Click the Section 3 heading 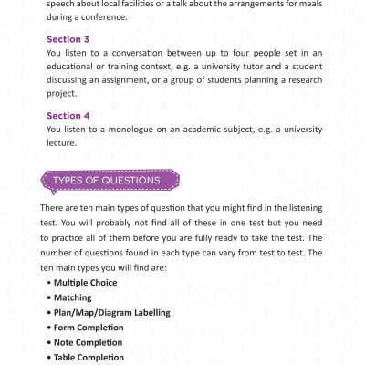pyautogui.click(x=68, y=39)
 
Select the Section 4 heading pyautogui.click(x=68, y=116)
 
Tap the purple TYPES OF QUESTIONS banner pyautogui.click(x=107, y=180)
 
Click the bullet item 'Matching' pyautogui.click(x=76, y=297)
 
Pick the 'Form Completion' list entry pyautogui.click(x=89, y=327)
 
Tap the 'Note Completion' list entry pyautogui.click(x=89, y=342)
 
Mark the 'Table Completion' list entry pyautogui.click(x=89, y=357)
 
